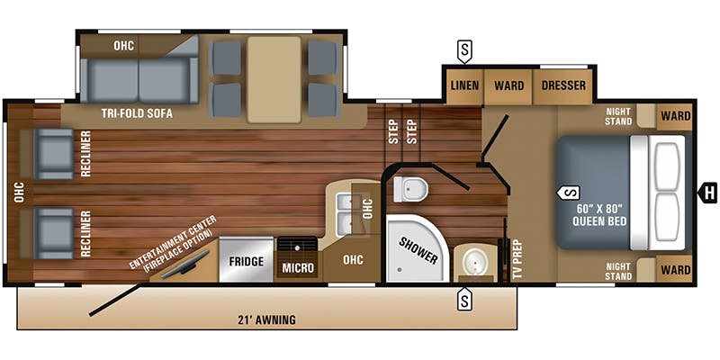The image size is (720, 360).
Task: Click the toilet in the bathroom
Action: click(410, 189)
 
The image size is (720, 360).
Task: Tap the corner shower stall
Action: click(417, 248)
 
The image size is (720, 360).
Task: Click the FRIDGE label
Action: click(246, 262)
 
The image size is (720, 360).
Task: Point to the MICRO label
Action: click(298, 268)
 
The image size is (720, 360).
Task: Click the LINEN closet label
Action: click(464, 85)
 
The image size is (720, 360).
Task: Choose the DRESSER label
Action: click(563, 85)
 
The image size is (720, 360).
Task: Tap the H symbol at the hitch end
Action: click(707, 193)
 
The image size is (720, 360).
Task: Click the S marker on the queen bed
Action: click(569, 193)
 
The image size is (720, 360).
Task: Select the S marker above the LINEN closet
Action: click(464, 52)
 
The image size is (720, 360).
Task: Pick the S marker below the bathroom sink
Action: click(464, 299)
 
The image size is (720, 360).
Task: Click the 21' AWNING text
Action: click(267, 319)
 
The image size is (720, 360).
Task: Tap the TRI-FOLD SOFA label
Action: click(138, 114)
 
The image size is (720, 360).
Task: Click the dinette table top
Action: click(274, 79)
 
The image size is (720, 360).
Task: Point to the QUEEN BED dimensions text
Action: click(599, 216)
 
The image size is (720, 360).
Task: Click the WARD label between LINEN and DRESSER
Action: click(508, 85)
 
